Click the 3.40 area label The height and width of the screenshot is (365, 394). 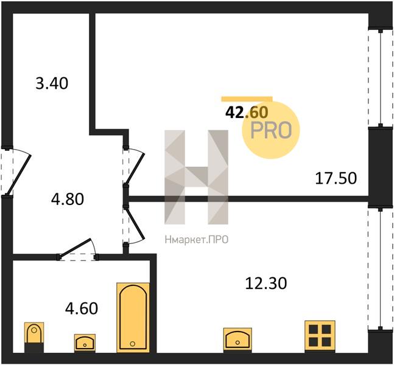[x=52, y=83]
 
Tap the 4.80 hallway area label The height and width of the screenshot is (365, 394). [x=68, y=200]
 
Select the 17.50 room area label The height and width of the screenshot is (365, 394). [x=336, y=178]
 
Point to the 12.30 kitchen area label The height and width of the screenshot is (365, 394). [x=266, y=283]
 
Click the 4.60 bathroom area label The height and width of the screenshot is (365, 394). [x=82, y=308]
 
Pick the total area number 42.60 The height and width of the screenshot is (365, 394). [x=247, y=112]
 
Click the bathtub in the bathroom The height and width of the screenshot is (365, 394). [x=133, y=318]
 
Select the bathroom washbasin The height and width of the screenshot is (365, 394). [x=85, y=342]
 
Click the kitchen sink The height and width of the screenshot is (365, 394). [x=237, y=339]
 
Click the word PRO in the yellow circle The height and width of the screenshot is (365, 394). [x=271, y=131]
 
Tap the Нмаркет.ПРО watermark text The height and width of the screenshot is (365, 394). [x=197, y=240]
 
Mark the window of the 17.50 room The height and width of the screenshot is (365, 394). [x=381, y=78]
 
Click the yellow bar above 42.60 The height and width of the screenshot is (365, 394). [x=247, y=99]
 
